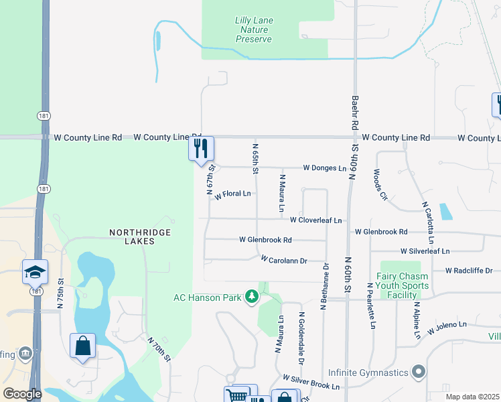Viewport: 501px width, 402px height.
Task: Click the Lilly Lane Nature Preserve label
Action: pyautogui.click(x=254, y=30)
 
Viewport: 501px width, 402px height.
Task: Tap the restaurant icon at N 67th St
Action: pyautogui.click(x=201, y=149)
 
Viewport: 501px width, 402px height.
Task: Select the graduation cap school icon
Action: pyautogui.click(x=35, y=271)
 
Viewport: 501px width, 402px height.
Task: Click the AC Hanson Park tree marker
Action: pyautogui.click(x=252, y=297)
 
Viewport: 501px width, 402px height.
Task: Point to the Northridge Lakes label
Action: pyautogui.click(x=140, y=237)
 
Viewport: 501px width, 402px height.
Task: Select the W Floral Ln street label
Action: pyautogui.click(x=232, y=194)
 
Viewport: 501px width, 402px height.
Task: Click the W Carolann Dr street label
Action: pyautogui.click(x=283, y=260)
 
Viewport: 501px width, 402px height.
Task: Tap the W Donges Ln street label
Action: pyautogui.click(x=325, y=167)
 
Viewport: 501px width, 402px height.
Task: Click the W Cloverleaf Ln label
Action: pyautogui.click(x=315, y=220)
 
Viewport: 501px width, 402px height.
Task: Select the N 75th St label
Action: pyautogui.click(x=60, y=293)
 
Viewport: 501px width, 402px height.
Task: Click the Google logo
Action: pyautogui.click(x=21, y=394)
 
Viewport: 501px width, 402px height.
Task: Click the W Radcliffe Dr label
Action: pyautogui.click(x=469, y=271)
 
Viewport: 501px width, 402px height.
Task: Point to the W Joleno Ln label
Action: pyautogui.click(x=443, y=326)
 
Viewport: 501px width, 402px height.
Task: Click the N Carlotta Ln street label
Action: pyautogui.click(x=427, y=222)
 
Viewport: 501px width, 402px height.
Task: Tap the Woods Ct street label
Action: pyautogui.click(x=380, y=185)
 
